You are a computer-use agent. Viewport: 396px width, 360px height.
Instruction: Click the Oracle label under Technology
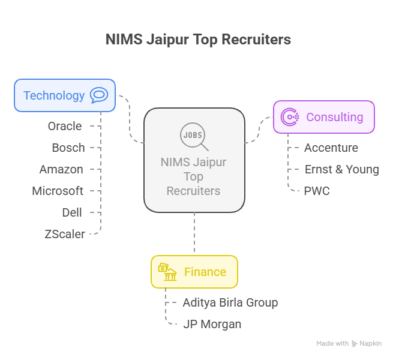65,126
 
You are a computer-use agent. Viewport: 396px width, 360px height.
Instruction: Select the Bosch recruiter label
68,148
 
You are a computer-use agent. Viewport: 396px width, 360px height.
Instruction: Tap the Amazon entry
61,169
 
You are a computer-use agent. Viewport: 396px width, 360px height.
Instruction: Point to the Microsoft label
58,191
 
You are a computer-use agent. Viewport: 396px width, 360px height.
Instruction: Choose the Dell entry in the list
72,212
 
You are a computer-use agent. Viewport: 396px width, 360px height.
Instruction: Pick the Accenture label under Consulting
331,148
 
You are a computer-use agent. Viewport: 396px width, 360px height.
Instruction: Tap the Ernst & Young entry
341,169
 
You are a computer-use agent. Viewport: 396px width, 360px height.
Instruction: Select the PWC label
317,191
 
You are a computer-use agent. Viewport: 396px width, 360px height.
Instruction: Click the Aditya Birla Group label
230,302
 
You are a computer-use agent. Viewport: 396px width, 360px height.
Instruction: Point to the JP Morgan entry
212,324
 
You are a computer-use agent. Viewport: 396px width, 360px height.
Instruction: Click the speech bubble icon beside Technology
98,95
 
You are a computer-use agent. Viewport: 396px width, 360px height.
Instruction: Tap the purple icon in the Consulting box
290,117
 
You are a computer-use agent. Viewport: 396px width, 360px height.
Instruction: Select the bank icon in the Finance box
167,272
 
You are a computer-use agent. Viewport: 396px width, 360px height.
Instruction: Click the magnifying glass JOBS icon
194,137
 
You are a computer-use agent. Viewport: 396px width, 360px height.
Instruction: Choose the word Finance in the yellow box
205,272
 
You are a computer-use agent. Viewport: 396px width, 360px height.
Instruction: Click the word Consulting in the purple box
335,117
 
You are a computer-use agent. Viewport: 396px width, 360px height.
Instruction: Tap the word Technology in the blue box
54,95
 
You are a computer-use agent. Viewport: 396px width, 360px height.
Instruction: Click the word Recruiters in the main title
256,40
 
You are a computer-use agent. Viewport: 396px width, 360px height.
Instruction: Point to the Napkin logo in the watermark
355,344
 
